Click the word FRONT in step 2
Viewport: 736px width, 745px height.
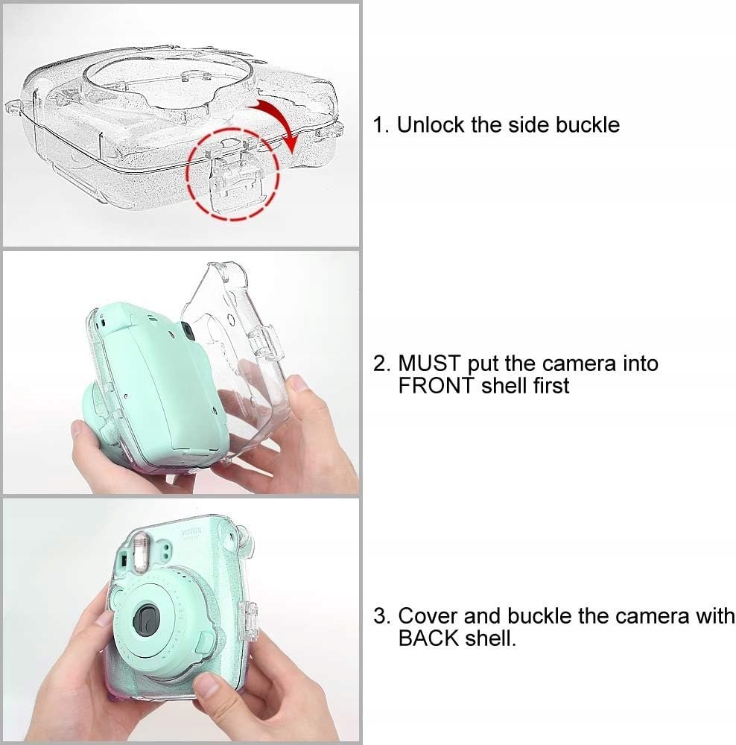coord(437,385)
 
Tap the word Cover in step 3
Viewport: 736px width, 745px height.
coord(428,616)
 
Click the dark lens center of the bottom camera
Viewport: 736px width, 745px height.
coord(146,618)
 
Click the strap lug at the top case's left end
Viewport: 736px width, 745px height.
coord(13,107)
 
